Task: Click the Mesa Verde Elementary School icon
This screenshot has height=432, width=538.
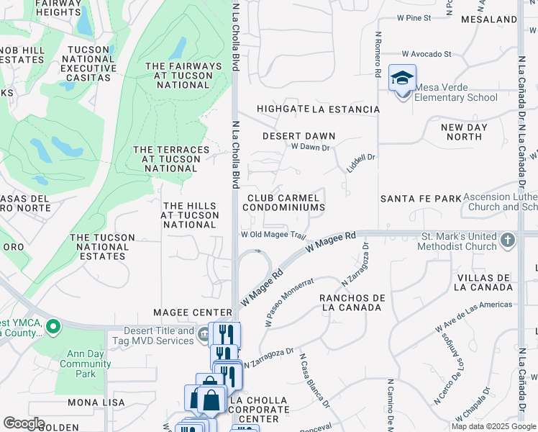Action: point(403,79)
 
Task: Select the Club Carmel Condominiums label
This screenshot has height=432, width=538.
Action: point(283,202)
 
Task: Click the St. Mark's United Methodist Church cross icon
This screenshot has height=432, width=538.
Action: point(509,240)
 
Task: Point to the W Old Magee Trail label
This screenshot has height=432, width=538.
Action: point(274,235)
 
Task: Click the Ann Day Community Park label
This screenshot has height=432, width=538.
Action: point(86,364)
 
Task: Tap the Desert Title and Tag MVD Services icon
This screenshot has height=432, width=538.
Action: point(204,333)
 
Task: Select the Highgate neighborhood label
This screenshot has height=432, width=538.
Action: point(283,109)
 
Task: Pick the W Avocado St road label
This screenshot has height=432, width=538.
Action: point(427,54)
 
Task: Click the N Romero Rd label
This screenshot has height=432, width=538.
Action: point(377,55)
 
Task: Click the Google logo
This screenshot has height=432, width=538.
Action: point(24,423)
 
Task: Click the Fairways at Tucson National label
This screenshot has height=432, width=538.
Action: point(183,76)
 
